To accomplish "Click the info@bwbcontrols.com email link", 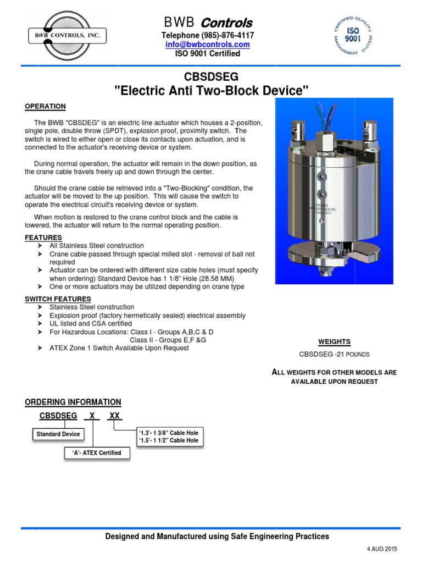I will pos(208,45).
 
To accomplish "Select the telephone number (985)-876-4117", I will pos(208,35).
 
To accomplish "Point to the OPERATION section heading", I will pos(45,106).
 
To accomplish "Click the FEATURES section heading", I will pos(43,237).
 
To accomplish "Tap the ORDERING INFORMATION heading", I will pos(73,402).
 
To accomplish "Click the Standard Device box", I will pos(58,434).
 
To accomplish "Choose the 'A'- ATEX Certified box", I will pos(93,453).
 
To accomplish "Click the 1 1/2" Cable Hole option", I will pos(168,440).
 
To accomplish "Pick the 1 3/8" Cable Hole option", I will pos(168,433).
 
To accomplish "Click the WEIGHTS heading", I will pos(334,341).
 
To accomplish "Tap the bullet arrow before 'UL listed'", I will pos(40,324).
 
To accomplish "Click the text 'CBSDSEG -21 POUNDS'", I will pos(334,354).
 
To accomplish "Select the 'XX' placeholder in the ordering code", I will pos(114,416).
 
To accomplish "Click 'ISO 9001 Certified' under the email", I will pos(208,53).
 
